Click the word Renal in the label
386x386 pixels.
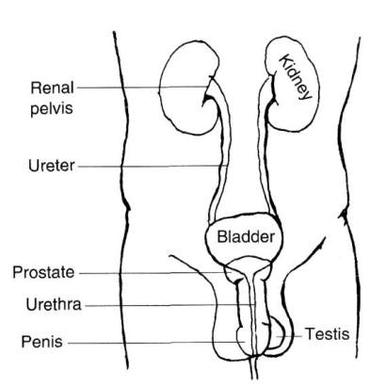pos(53,88)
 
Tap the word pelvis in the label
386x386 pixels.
pos(52,108)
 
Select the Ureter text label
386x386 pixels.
pos(52,166)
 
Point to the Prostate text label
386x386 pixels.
pos(43,272)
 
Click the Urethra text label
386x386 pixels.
pos(54,304)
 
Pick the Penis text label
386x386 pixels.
pos(41,342)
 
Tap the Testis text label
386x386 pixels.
pos(328,334)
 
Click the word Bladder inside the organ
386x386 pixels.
pos(246,236)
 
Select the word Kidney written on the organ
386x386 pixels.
pos(296,77)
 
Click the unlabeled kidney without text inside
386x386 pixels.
pos(188,88)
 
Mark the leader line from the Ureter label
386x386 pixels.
pos(153,166)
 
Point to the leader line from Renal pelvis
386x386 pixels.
pos(143,88)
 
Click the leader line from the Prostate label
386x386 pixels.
pos(155,273)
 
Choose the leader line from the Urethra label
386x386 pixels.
pos(169,305)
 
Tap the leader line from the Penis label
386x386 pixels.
pos(156,343)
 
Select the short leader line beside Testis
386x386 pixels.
pos(289,336)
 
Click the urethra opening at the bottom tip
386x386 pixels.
pos(254,378)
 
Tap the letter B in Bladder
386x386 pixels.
pos(221,236)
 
